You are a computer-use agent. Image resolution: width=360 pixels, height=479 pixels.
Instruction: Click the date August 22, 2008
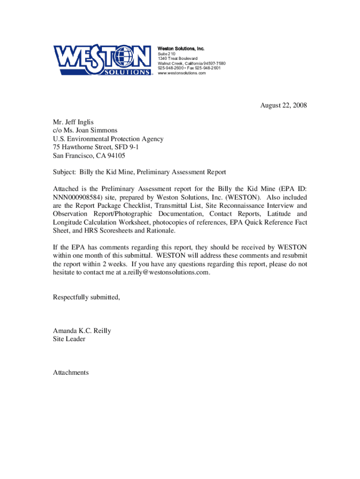(x=284, y=106)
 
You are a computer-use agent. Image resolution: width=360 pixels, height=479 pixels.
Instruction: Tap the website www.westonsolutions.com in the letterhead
(x=181, y=73)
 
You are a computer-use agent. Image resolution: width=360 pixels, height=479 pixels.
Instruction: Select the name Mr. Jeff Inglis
(x=73, y=122)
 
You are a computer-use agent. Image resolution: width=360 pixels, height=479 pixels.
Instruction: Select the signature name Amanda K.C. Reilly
(x=82, y=331)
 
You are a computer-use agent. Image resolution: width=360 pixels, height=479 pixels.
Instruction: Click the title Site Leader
(x=69, y=339)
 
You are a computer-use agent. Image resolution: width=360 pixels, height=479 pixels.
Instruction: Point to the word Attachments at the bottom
(x=71, y=372)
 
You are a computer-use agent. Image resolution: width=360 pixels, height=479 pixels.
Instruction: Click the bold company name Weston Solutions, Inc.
(x=181, y=49)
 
